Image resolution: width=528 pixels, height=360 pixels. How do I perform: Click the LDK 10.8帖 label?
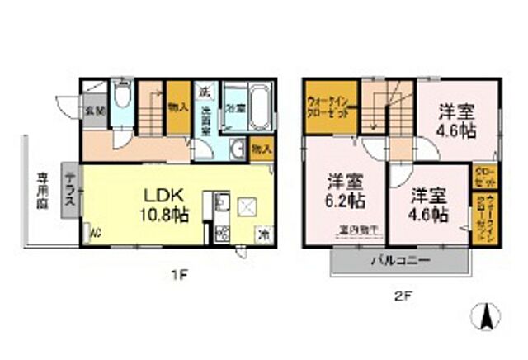pyautogui.click(x=169, y=202)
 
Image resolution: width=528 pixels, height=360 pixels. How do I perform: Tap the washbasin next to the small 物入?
pyautogui.click(x=236, y=149)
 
